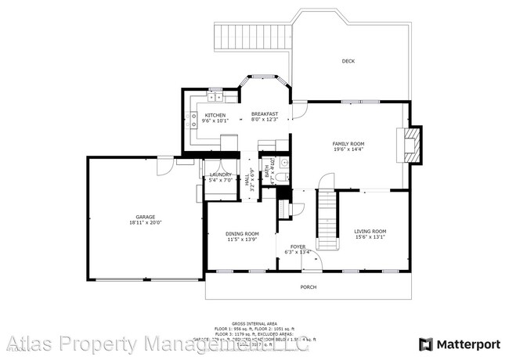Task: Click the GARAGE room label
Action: tap(145, 216)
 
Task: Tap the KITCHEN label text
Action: tap(215, 115)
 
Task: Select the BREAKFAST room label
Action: tap(265, 115)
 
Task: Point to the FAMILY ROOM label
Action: tap(348, 144)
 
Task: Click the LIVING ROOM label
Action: tap(370, 231)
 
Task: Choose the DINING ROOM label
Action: tap(242, 233)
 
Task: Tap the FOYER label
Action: tap(299, 247)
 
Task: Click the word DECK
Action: tap(348, 61)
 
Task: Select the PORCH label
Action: tap(309, 287)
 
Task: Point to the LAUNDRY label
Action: tap(220, 175)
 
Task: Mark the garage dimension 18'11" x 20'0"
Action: tap(145, 222)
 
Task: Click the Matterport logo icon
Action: tap(426, 344)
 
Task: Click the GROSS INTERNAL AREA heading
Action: tap(254, 322)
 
